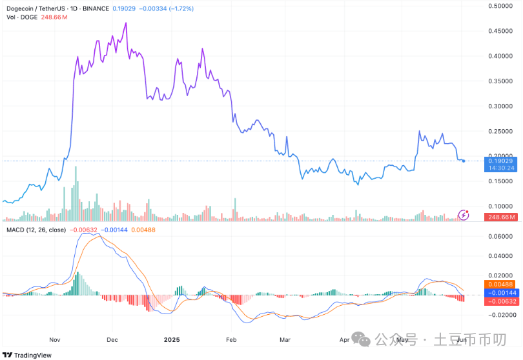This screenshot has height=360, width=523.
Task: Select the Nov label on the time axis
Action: [54, 339]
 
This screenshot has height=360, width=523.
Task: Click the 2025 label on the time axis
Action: [171, 339]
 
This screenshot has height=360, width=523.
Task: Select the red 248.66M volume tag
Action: [502, 217]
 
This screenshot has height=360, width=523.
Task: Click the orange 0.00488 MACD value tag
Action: [501, 284]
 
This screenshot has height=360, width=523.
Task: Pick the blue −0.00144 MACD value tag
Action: [501, 292]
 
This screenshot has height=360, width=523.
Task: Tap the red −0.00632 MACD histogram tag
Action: [501, 301]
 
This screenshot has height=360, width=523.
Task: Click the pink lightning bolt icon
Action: [463, 214]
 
